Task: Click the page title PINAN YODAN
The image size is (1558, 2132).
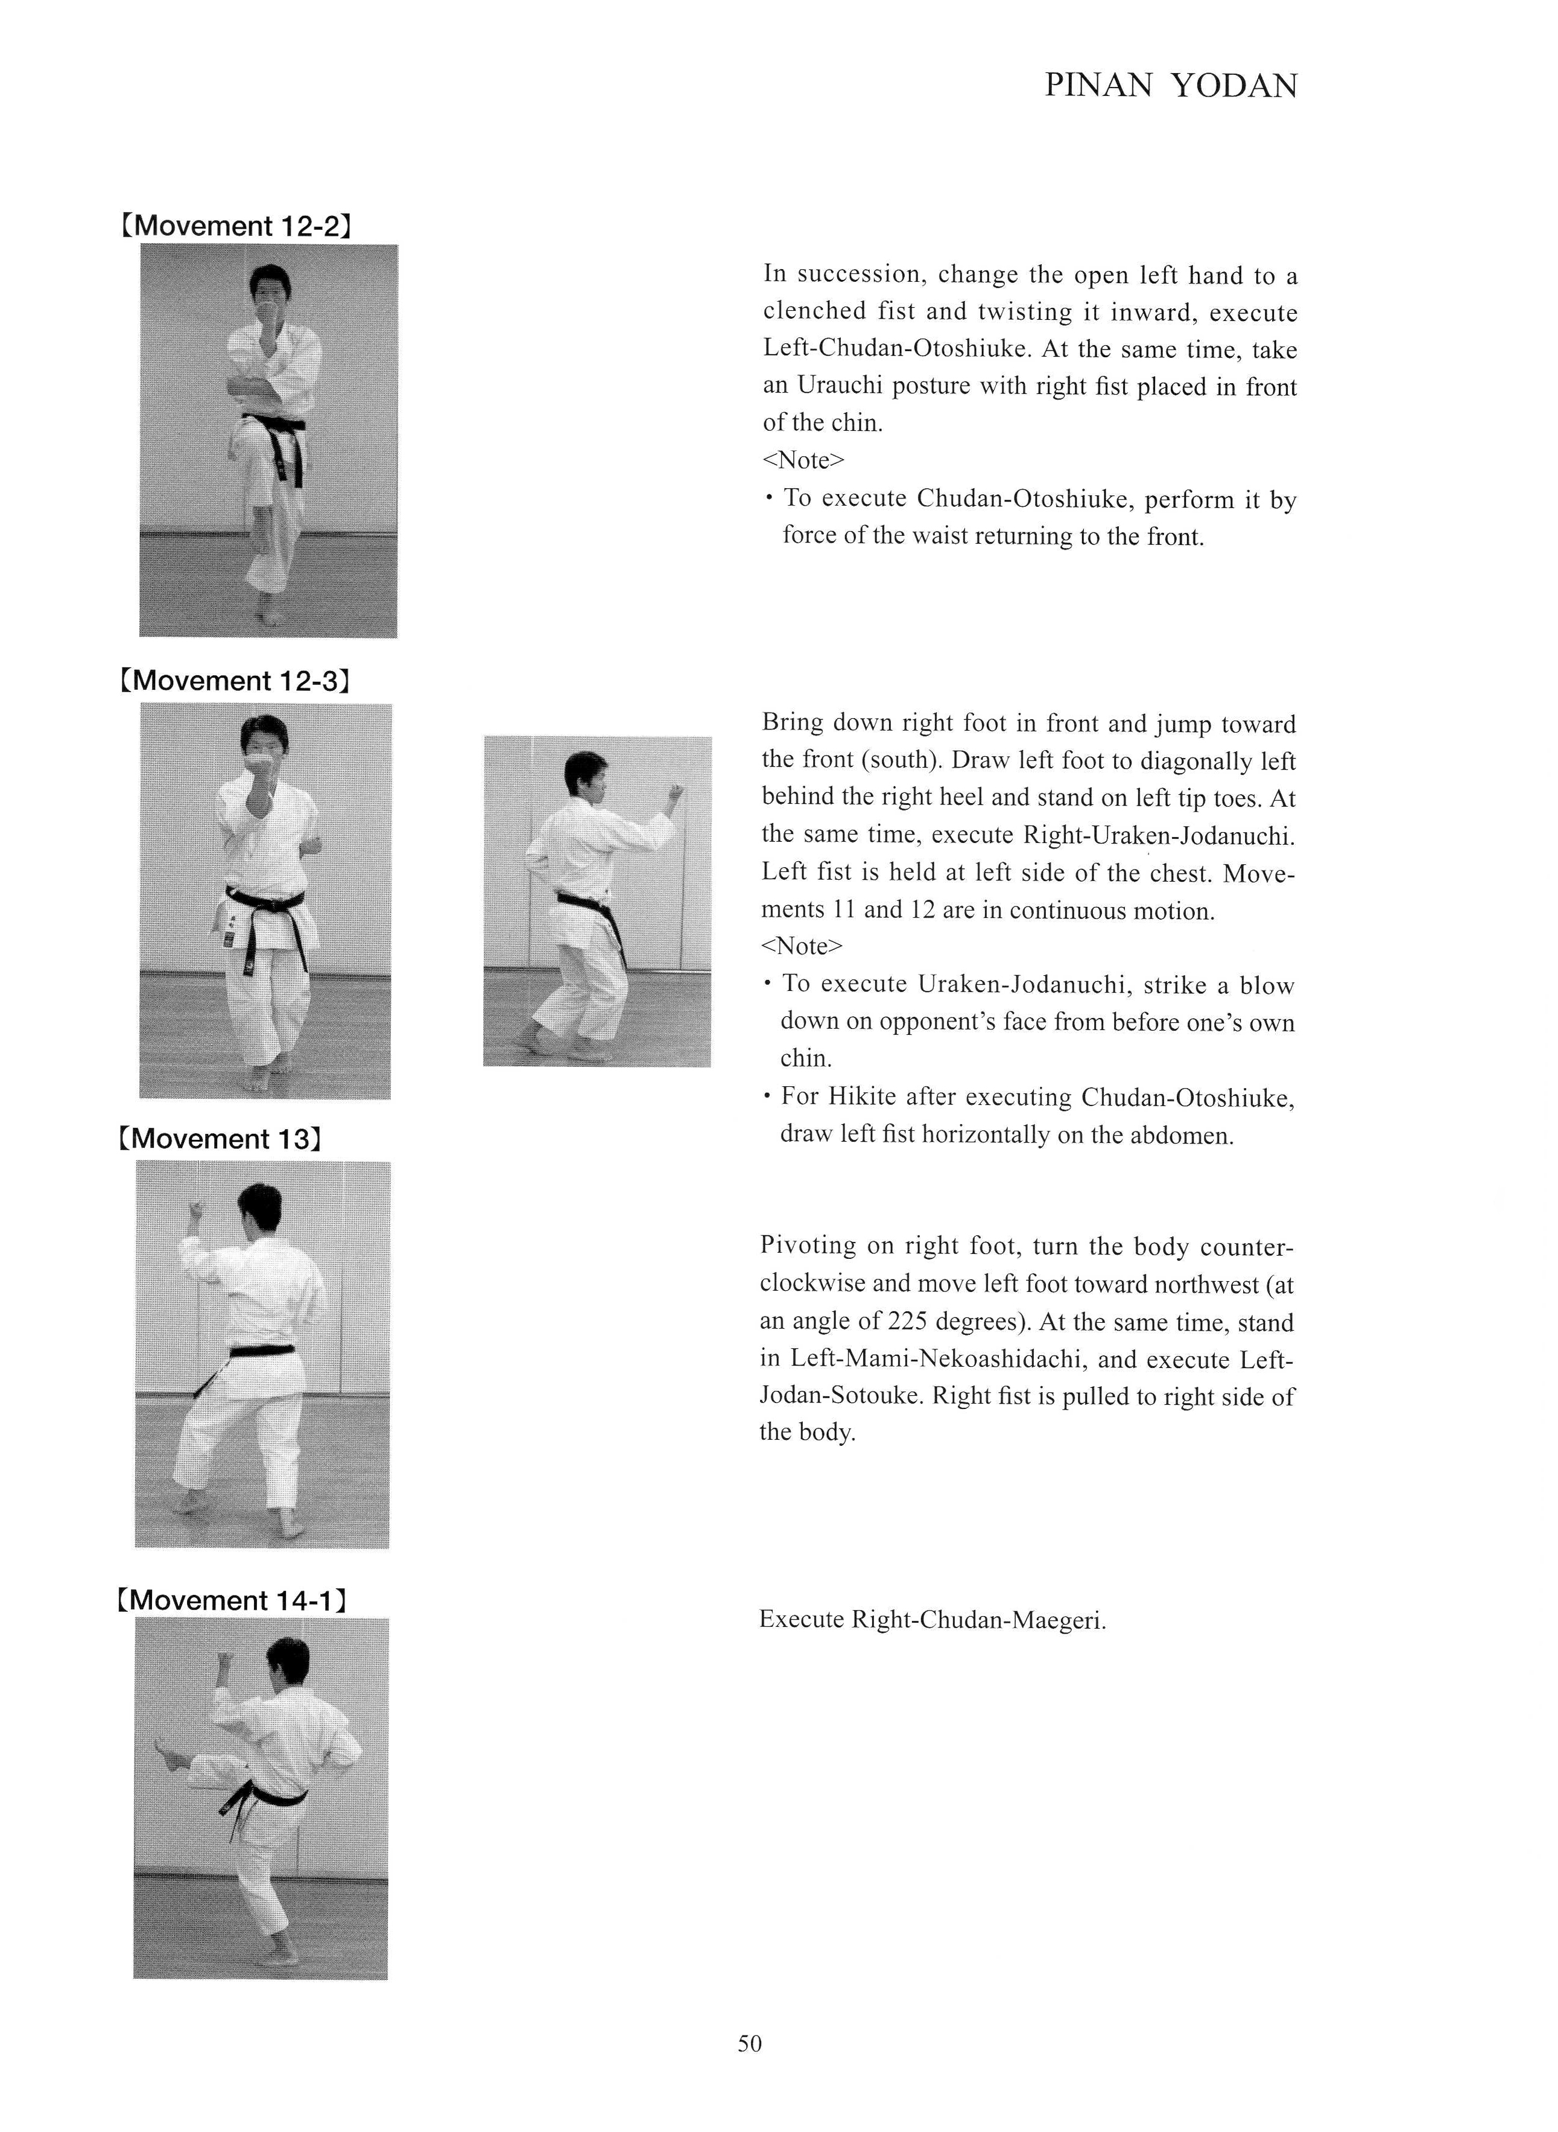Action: pyautogui.click(x=1170, y=87)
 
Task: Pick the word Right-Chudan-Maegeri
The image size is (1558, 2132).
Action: pyautogui.click(x=978, y=1621)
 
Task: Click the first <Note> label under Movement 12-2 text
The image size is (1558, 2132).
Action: pyautogui.click(x=803, y=460)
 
